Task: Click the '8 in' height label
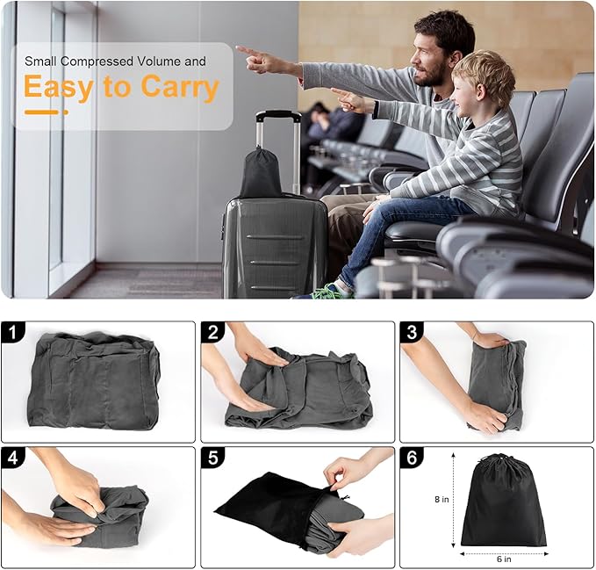point(442,499)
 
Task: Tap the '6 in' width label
point(503,557)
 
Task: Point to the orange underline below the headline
point(46,112)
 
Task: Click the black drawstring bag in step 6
point(503,505)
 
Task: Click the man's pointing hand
point(251,54)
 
